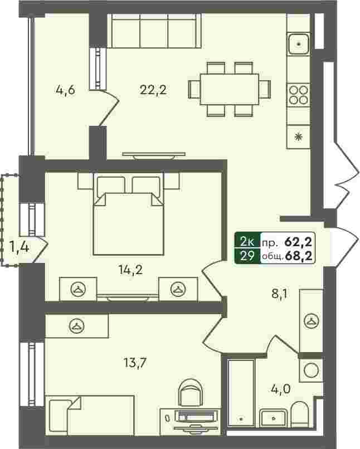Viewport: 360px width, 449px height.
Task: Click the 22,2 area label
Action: coord(153,90)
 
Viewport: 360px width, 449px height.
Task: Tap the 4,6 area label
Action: coord(66,90)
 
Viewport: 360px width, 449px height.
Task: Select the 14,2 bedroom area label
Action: coord(130,270)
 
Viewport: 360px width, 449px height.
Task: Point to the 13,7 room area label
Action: coord(135,363)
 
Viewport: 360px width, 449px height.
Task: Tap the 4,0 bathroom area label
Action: coord(281,389)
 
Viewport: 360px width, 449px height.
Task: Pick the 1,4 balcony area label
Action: coord(19,247)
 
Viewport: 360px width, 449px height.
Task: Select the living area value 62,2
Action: coord(299,242)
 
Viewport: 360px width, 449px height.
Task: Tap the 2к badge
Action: coord(247,242)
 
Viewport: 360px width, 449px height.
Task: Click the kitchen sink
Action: coord(299,44)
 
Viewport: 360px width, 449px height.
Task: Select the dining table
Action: coord(230,89)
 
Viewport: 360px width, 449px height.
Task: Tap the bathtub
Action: coord(241,393)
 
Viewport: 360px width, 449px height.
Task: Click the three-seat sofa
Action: coord(154,31)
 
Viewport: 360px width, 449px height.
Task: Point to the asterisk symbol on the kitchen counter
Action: coord(299,137)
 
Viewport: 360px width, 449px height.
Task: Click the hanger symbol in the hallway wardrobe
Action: coord(311,321)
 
